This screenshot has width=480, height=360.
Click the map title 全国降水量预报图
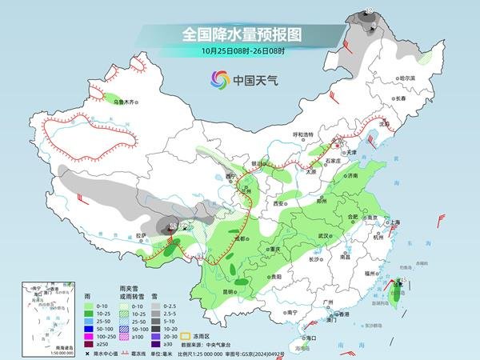click(241, 35)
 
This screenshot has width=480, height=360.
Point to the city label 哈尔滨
click(408, 78)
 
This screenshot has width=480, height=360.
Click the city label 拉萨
click(141, 235)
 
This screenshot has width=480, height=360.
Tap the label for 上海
click(394, 222)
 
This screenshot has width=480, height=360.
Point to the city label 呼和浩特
click(305, 134)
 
